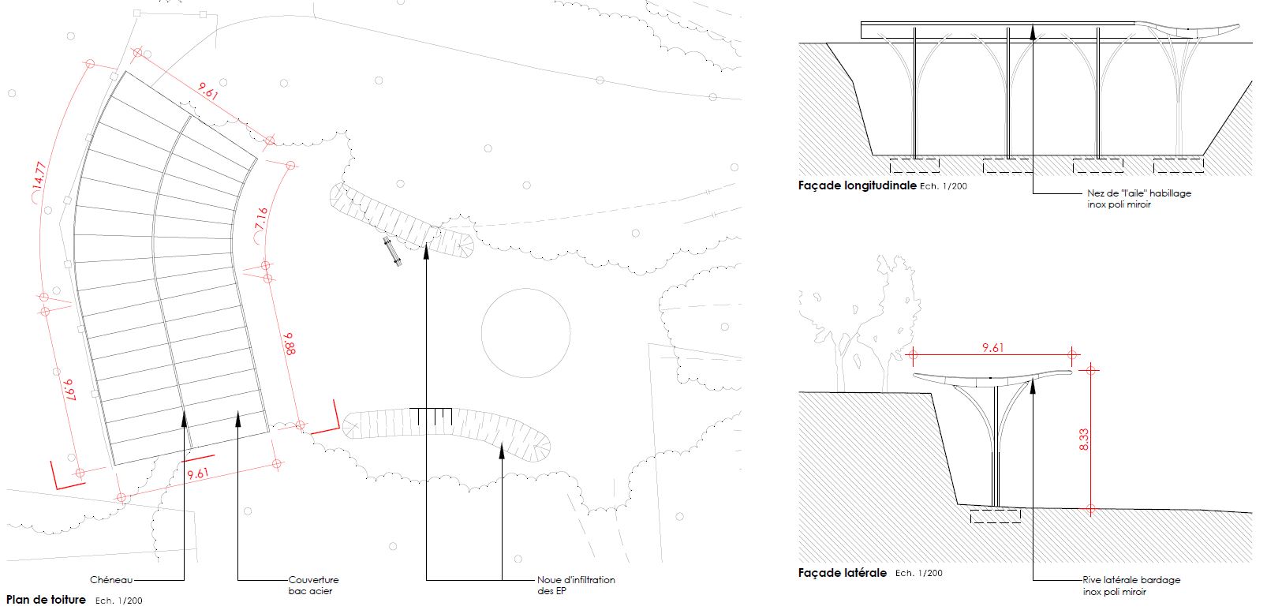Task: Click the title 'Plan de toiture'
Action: pyautogui.click(x=46, y=599)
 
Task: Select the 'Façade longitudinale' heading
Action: pyautogui.click(x=857, y=185)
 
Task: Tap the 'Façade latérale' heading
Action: pyautogui.click(x=843, y=573)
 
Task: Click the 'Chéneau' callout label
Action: pyautogui.click(x=111, y=579)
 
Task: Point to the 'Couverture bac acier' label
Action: pyautogui.click(x=313, y=585)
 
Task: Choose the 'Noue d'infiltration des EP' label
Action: pyautogui.click(x=576, y=585)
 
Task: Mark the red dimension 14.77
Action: pyautogui.click(x=39, y=175)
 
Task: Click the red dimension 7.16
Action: pyautogui.click(x=261, y=219)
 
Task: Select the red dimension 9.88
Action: pyautogui.click(x=289, y=343)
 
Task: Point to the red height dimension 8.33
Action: pyautogui.click(x=1084, y=439)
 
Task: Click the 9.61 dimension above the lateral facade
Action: pyautogui.click(x=992, y=347)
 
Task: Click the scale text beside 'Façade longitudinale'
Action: pyautogui.click(x=944, y=186)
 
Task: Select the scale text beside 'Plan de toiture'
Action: pyautogui.click(x=119, y=601)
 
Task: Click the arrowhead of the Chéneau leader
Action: pyautogui.click(x=184, y=418)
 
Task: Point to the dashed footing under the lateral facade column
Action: pyautogui.click(x=996, y=516)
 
